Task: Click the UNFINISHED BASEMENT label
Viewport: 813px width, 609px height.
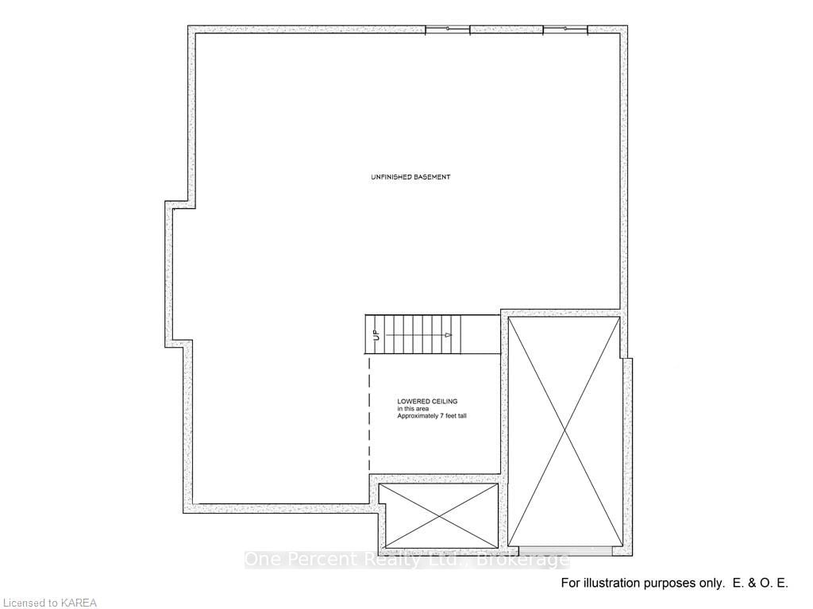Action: (x=410, y=177)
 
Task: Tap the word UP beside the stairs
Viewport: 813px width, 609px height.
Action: (x=376, y=335)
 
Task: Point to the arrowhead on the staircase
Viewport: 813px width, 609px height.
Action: (x=449, y=335)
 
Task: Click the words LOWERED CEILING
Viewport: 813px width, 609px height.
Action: (x=427, y=402)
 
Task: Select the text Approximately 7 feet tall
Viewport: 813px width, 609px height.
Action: (x=432, y=416)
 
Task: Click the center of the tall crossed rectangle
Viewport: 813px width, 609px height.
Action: (x=564, y=430)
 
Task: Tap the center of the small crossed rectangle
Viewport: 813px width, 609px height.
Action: (x=438, y=515)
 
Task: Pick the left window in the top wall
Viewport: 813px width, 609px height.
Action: (x=448, y=30)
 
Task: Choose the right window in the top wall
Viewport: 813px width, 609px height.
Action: (x=565, y=30)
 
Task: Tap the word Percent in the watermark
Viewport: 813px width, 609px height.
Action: (x=317, y=560)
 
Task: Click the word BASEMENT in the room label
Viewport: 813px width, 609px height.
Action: (x=431, y=177)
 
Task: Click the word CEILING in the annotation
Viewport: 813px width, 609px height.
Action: (x=442, y=402)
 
